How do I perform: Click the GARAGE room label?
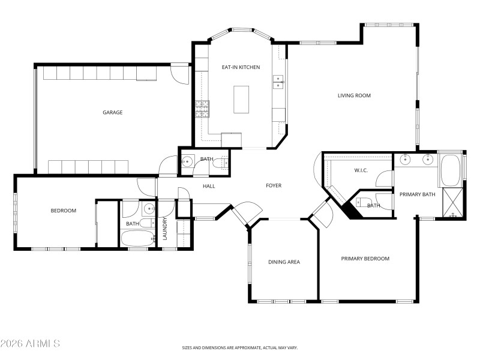tap(113, 112)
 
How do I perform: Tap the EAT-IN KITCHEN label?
tap(241, 67)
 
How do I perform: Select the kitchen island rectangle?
tap(241, 99)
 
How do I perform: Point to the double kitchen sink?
tap(278, 82)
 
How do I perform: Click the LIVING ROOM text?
tap(354, 95)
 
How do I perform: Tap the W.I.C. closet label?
tap(361, 170)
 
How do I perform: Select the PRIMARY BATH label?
tap(417, 194)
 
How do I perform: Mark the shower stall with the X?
tap(452, 203)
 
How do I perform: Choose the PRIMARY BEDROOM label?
tap(365, 259)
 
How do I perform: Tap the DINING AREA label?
tap(284, 262)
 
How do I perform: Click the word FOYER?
tap(274, 185)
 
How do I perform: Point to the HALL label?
tap(209, 186)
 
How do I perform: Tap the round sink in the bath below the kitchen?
tap(187, 161)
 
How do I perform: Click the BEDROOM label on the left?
tap(63, 211)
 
